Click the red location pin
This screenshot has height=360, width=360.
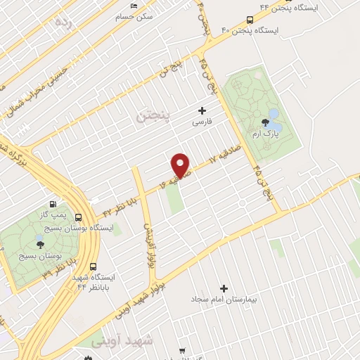point(181,165)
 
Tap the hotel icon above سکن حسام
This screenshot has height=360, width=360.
point(134,6)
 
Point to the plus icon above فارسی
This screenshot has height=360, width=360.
point(202,110)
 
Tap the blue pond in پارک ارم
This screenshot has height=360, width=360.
point(274,113)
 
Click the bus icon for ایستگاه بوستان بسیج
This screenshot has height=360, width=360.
point(77,217)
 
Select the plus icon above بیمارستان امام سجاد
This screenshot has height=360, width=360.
point(224,288)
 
